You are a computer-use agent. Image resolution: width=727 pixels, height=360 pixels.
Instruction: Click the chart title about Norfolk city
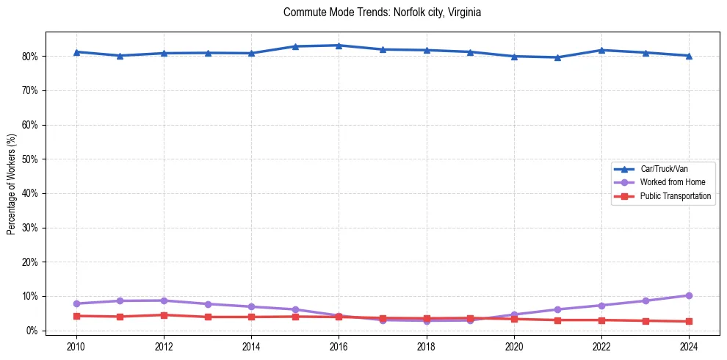click(382, 12)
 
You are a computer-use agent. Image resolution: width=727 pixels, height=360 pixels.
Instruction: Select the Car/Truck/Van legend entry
click(664, 169)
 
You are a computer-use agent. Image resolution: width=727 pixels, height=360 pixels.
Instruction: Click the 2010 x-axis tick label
click(76, 346)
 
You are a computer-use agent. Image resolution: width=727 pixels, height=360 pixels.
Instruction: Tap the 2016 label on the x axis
click(339, 346)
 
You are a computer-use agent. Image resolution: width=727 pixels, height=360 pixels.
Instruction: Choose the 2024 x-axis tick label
click(689, 346)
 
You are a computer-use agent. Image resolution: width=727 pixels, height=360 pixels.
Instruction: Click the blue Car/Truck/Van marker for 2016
click(339, 46)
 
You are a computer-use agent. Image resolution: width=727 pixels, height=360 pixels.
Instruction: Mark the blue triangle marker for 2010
click(76, 52)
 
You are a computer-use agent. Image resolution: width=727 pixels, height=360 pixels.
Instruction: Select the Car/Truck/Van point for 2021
click(557, 57)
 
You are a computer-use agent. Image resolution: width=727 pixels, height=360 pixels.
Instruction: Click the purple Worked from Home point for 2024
click(689, 295)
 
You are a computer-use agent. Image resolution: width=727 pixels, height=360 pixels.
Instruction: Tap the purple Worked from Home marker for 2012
click(164, 300)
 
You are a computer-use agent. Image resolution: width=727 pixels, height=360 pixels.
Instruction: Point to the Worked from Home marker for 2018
click(426, 321)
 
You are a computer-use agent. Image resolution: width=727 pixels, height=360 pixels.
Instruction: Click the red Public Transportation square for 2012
click(164, 315)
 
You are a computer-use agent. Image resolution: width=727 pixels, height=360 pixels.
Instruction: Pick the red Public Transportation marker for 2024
click(689, 321)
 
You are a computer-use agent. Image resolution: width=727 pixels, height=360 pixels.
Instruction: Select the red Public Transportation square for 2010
click(76, 316)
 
